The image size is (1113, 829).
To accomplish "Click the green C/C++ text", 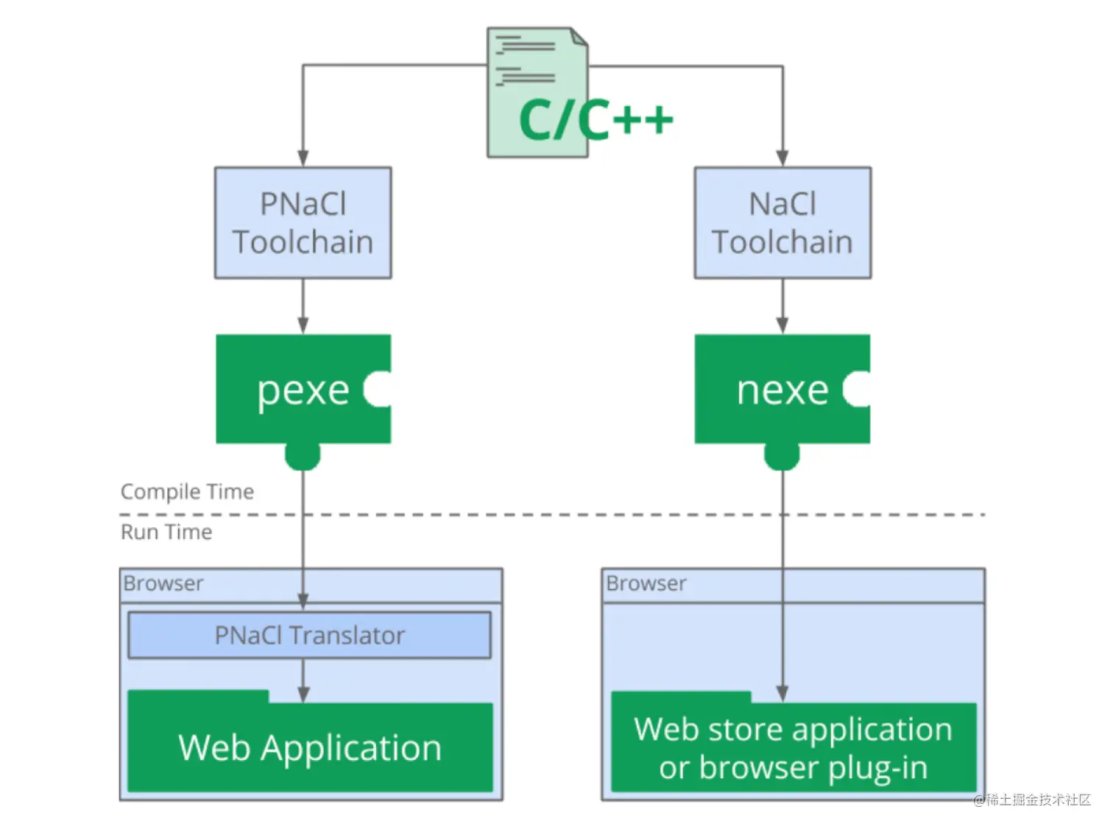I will point(595,119).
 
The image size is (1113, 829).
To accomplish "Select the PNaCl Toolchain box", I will point(303,222).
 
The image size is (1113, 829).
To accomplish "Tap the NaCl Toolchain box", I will point(782,222).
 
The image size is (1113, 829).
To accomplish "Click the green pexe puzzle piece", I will point(303,389).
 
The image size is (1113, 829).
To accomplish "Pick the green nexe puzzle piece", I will point(782,389).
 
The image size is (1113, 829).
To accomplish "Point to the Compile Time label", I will point(187,491).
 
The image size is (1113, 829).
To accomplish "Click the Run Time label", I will point(166,532).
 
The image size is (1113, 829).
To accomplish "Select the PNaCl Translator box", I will point(309,635).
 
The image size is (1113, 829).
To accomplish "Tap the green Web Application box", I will point(310,747).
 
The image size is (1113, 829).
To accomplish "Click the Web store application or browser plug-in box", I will point(793,747).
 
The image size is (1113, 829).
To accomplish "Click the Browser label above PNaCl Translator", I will point(163,583).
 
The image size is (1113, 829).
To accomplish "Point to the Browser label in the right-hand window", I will point(646,583).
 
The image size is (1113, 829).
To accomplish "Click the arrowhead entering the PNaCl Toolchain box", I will point(303,158).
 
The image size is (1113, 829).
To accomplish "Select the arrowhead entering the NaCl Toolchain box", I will point(782,158).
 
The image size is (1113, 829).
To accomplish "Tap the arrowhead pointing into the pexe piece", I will point(303,325).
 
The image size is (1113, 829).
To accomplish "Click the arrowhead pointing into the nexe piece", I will point(782,325).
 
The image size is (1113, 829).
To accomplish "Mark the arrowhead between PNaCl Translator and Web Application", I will point(303,694).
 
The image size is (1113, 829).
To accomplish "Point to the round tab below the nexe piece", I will point(782,456).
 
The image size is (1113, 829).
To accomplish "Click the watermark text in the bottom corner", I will point(1031,800).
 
